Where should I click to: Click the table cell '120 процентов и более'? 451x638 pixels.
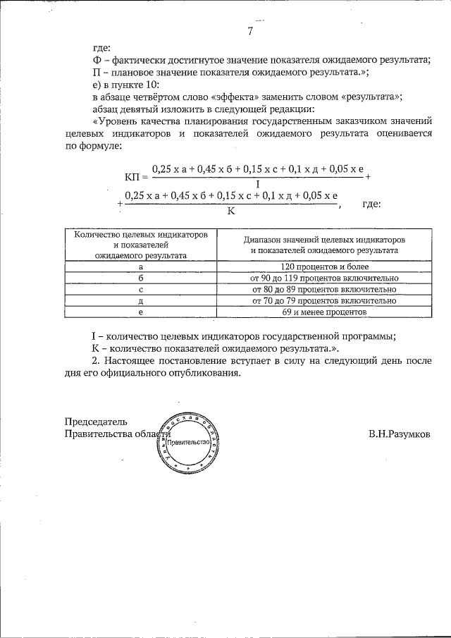[324, 267]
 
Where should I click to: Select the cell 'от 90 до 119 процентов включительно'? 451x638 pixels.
[324, 278]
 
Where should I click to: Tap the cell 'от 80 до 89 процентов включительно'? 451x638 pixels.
[324, 289]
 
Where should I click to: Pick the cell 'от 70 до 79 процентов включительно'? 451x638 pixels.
[324, 300]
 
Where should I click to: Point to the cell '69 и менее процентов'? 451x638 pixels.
[324, 311]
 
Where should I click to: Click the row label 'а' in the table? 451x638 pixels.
[141, 267]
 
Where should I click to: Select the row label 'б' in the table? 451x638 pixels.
[141, 278]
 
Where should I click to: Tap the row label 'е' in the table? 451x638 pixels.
[141, 311]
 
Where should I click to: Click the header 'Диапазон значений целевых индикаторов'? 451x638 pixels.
[324, 240]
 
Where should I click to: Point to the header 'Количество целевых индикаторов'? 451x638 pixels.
[141, 234]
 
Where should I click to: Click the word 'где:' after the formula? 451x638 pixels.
[371, 204]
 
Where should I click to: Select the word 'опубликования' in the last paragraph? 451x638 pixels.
[204, 374]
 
